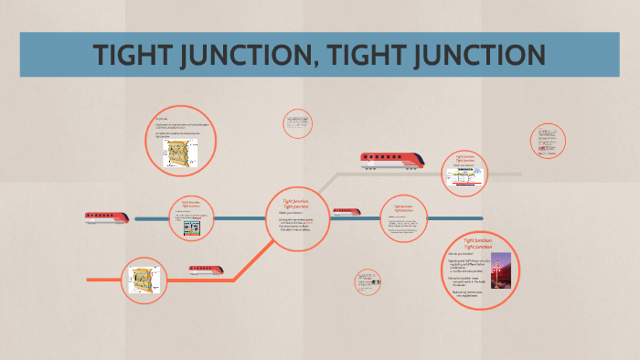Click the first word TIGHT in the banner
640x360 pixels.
[134, 55]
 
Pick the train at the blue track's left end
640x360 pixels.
[106, 217]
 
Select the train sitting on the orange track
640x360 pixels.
[206, 270]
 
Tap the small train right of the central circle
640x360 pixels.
[346, 212]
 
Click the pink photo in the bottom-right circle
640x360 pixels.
[501, 270]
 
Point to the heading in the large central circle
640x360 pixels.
[294, 204]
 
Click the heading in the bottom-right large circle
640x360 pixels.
[478, 243]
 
